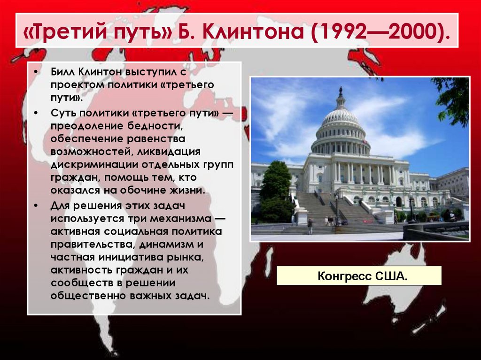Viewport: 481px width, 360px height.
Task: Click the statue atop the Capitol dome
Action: pyautogui.click(x=341, y=90)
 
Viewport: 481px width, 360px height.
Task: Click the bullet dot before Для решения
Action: pyautogui.click(x=36, y=207)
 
